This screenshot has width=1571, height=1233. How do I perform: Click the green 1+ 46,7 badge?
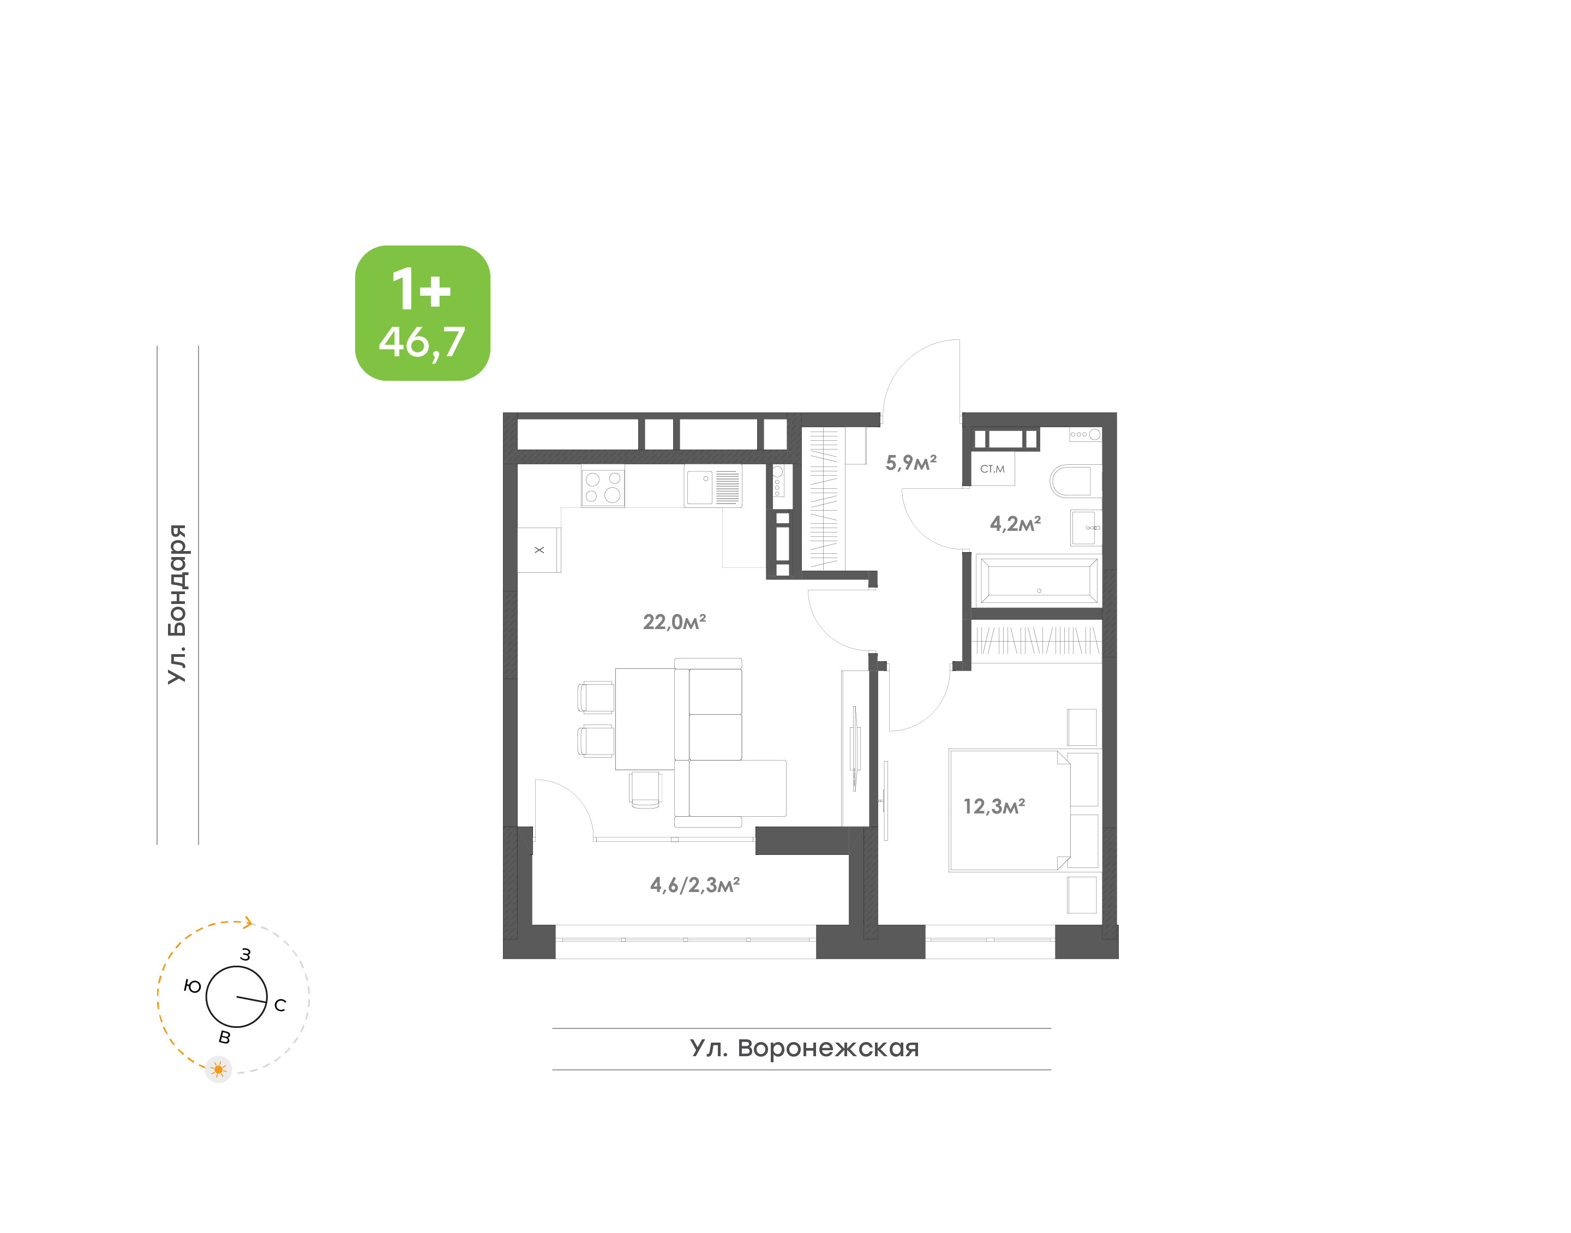pyautogui.click(x=422, y=313)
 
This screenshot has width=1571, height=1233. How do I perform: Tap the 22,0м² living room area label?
pyautogui.click(x=674, y=621)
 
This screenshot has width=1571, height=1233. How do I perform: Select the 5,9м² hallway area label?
pyautogui.click(x=911, y=462)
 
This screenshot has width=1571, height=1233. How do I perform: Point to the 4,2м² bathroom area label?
pyautogui.click(x=1015, y=523)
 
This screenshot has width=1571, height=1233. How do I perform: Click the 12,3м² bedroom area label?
pyautogui.click(x=994, y=806)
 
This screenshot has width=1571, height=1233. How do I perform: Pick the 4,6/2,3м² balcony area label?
pyautogui.click(x=694, y=884)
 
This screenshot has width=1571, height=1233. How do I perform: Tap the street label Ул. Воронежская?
pyautogui.click(x=804, y=1048)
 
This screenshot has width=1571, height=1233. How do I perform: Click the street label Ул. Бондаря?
pyautogui.click(x=177, y=603)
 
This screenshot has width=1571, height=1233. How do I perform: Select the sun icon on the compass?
pyautogui.click(x=218, y=1069)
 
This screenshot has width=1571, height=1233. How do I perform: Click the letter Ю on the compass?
pyautogui.click(x=192, y=986)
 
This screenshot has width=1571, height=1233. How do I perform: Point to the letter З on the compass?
pyautogui.click(x=245, y=954)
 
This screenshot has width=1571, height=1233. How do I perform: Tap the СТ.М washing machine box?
pyautogui.click(x=992, y=469)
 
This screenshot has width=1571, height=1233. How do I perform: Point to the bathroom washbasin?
pyautogui.click(x=1086, y=528)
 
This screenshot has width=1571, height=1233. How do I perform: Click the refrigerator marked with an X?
pyautogui.click(x=539, y=550)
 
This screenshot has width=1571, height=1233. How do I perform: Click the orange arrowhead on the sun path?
pyautogui.click(x=248, y=922)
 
